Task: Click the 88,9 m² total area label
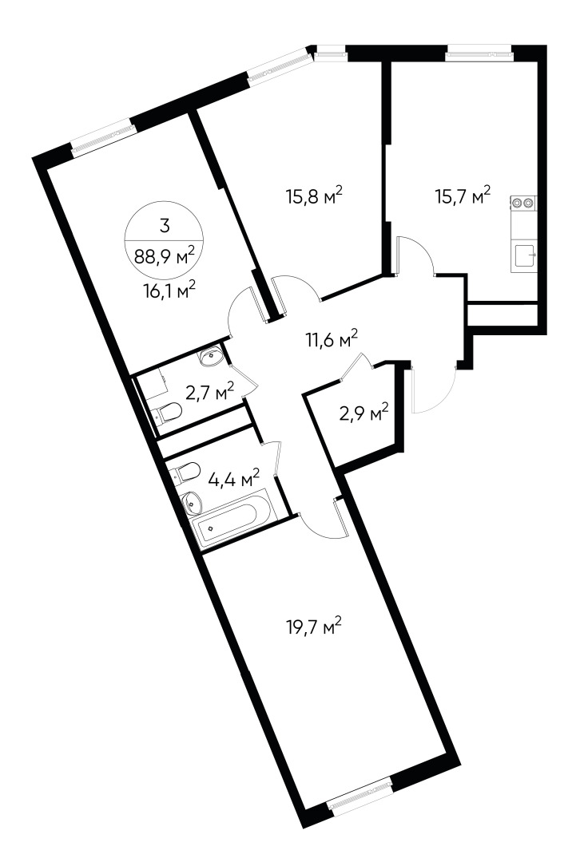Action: point(165,257)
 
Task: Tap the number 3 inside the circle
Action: point(165,226)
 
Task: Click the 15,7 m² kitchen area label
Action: point(462,195)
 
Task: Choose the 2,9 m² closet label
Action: point(363,413)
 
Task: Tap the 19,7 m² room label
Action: point(314,627)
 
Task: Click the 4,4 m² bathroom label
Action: point(233,479)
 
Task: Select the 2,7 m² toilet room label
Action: point(209,391)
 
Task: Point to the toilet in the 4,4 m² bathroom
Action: point(185,472)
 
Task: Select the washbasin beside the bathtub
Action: point(193,504)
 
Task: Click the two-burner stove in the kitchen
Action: point(523,204)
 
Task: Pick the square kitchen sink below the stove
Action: point(525,256)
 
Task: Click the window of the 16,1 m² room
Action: point(101,136)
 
